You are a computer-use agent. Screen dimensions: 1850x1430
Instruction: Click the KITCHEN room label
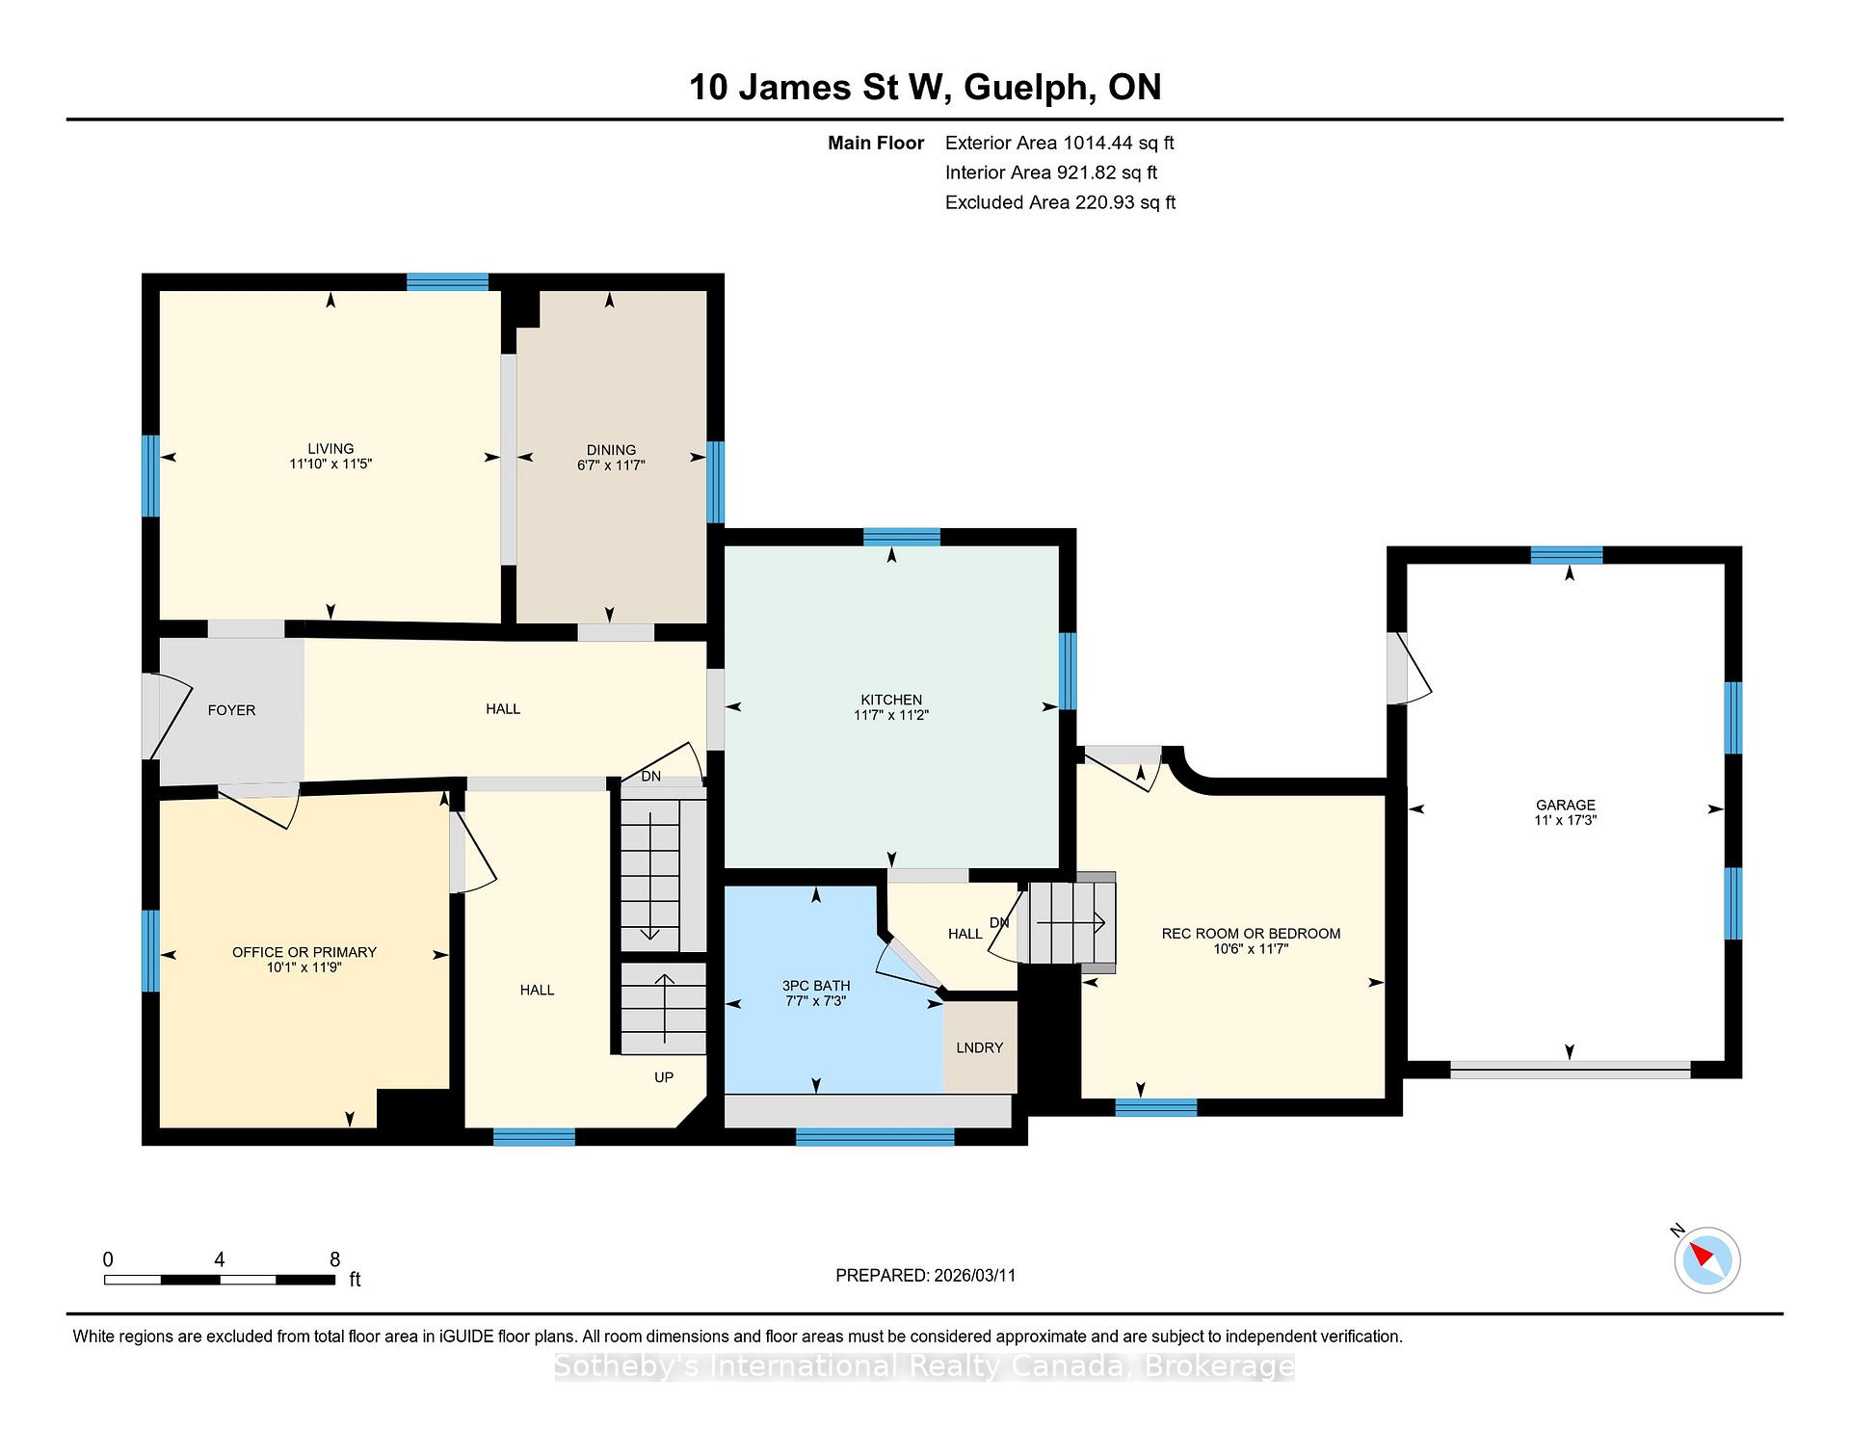[891, 700]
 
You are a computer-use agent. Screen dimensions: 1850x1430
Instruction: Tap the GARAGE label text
[1566, 805]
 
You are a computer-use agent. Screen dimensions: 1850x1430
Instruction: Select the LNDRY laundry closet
[980, 1047]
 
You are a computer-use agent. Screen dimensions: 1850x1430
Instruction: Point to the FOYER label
[231, 710]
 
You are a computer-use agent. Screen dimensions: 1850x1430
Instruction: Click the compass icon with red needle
[1707, 1259]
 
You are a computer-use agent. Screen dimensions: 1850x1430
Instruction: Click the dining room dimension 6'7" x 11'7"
[610, 464]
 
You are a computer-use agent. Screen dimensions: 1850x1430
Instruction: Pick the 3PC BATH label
[816, 986]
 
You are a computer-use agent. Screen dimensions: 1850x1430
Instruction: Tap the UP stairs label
[664, 1077]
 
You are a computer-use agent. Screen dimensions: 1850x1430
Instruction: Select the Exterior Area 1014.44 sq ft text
[1059, 144]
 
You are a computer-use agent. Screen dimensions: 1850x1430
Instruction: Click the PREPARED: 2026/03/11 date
[925, 1275]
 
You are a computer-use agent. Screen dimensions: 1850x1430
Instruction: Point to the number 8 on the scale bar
[335, 1259]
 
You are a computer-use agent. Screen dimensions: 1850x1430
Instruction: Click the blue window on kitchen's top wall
[902, 537]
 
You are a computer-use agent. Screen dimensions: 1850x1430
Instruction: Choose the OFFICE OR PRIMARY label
[304, 952]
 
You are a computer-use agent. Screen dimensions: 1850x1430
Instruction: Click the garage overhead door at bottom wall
[1571, 1069]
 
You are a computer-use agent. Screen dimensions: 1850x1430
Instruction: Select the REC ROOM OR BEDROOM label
[1251, 934]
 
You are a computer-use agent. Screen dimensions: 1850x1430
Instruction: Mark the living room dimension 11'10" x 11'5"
[330, 463]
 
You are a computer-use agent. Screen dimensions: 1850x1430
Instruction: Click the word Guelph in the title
[1029, 88]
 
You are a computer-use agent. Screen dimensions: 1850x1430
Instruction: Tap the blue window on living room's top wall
[447, 281]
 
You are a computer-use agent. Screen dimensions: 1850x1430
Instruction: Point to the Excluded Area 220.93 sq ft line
[1060, 202]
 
